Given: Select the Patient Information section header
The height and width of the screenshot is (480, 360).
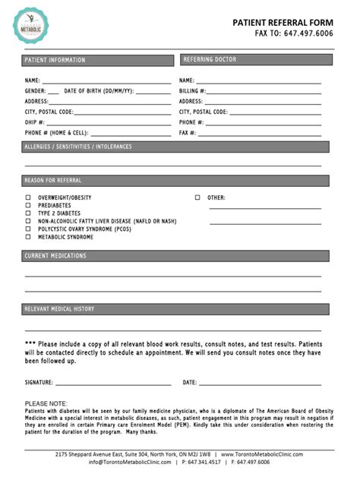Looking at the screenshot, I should tap(55, 60).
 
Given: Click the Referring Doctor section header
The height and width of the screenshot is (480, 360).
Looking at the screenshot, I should tap(210, 59).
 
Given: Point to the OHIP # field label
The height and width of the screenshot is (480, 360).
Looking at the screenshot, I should tap(35, 122).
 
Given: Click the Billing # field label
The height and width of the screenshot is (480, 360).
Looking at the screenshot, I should tap(193, 90).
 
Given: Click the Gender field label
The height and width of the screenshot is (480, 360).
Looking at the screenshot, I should tap(36, 90).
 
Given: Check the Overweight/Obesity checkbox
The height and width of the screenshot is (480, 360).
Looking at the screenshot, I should tap(28, 197).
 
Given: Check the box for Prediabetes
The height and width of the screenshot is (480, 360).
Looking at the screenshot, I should tap(28, 205).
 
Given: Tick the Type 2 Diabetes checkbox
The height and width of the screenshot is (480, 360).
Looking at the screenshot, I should tap(28, 213).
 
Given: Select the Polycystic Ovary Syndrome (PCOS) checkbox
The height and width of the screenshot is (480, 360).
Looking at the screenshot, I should tap(28, 229).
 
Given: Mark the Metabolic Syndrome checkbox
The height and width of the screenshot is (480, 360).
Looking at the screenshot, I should tap(28, 237).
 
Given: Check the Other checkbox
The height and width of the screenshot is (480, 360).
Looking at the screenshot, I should tap(197, 197).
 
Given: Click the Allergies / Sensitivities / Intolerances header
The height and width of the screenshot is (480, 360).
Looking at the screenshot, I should tap(78, 147).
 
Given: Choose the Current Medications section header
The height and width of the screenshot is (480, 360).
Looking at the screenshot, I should tap(55, 257).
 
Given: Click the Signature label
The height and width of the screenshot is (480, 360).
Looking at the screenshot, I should tap(39, 382).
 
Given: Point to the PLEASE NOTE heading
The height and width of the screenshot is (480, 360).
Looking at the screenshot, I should tap(46, 403).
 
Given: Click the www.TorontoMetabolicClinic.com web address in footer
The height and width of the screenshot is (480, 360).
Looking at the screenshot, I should tap(261, 454).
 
